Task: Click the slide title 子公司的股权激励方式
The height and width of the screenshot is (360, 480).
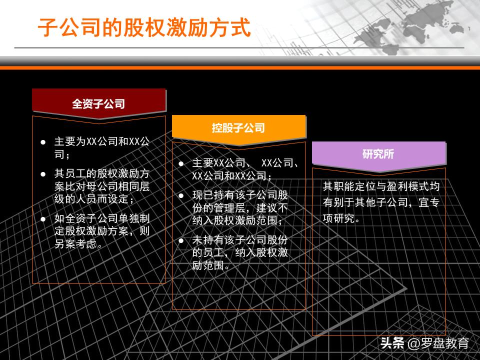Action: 144,28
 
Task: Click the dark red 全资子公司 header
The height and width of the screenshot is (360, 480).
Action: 98,104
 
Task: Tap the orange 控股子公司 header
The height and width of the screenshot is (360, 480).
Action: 238,128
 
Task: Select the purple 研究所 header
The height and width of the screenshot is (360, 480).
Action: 378,154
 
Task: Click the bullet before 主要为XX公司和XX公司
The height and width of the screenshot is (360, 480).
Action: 43,142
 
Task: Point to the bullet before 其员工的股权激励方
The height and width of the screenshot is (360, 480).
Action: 43,174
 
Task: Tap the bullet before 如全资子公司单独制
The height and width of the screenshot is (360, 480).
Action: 43,218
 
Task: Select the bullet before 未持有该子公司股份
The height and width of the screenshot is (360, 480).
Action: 181,240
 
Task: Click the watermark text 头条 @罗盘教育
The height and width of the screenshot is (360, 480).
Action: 424,343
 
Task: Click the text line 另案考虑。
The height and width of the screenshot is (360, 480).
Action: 79,244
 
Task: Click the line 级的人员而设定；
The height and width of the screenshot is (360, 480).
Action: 94,199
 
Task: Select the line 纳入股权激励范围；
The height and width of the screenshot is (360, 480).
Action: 237,220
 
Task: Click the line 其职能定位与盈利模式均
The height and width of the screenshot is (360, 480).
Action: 381,186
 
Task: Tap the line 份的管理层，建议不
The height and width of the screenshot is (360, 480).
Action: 240,208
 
